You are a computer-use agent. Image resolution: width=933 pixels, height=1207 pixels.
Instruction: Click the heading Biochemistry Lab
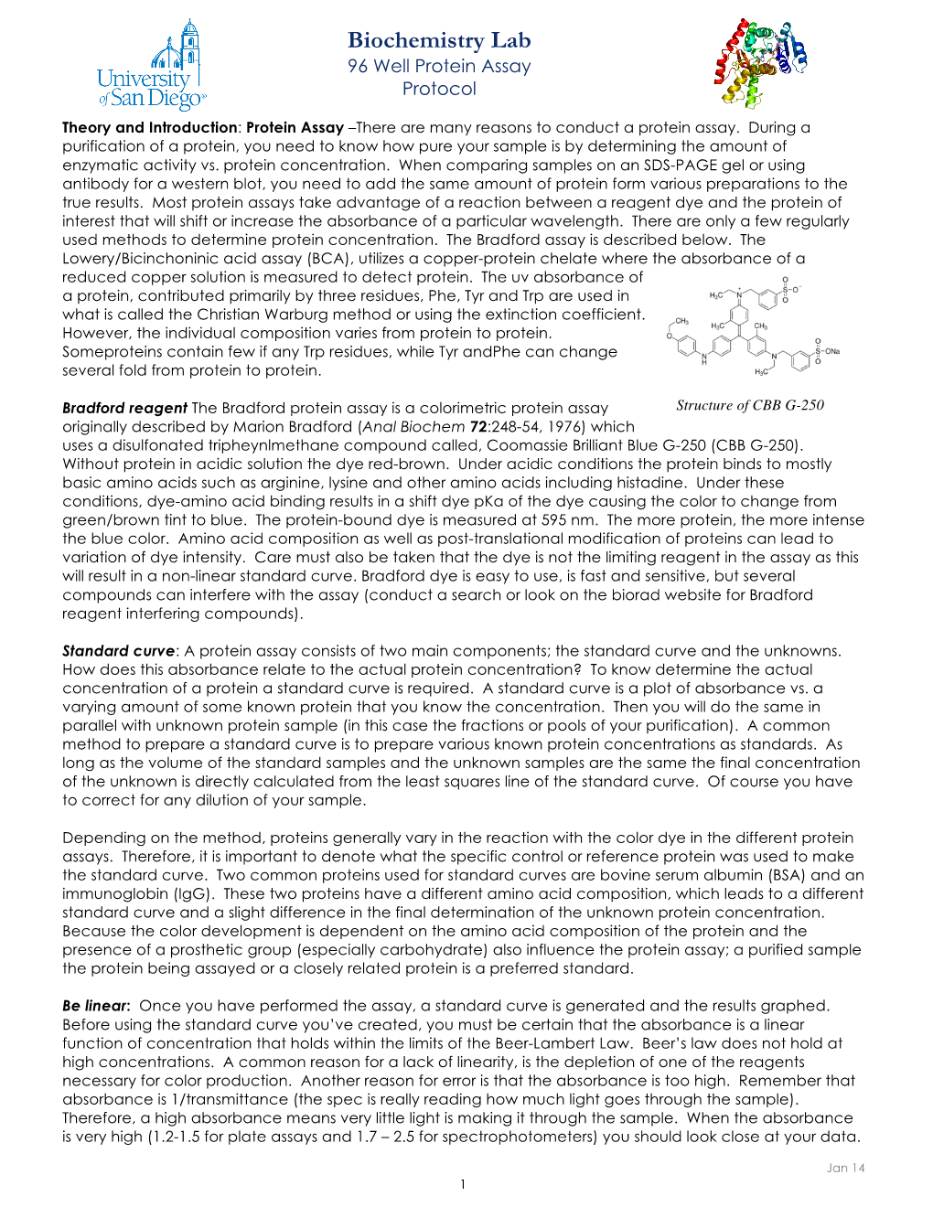coord(439,40)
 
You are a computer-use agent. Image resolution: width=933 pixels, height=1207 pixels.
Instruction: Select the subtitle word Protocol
coord(439,89)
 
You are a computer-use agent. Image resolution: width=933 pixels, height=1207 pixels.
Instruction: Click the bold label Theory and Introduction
coord(149,128)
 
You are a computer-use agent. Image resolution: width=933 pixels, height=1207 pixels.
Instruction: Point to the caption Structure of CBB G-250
coord(750,405)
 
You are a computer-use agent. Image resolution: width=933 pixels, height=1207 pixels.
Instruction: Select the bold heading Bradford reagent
coord(124,408)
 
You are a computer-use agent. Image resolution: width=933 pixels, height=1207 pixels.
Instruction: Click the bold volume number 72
coord(478,427)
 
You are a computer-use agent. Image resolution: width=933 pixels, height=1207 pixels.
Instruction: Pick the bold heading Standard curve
coord(118,651)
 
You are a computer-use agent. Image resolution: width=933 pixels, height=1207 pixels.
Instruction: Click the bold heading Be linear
coord(95,1006)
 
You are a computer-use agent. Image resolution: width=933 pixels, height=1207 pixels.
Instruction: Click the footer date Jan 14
coord(845,1168)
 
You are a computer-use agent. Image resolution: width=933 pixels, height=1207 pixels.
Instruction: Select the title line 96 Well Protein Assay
coord(439,66)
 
